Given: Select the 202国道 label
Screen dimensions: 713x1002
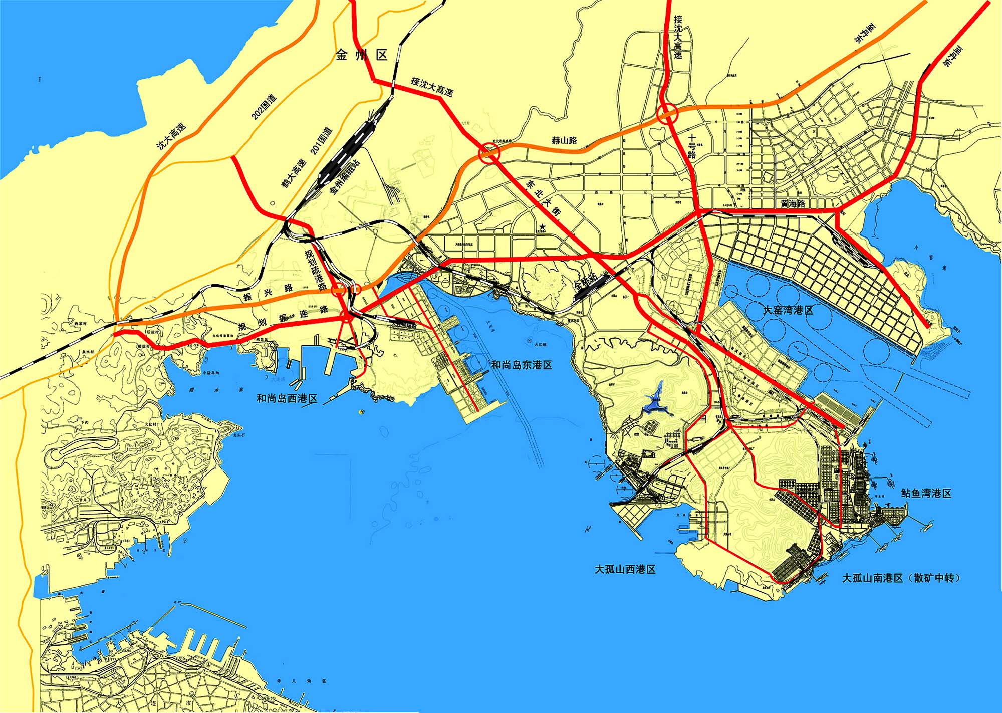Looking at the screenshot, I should coord(264,106).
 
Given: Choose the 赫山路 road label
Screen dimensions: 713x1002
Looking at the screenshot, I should coord(564,140).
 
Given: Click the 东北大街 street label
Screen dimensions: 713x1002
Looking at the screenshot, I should coord(543,197).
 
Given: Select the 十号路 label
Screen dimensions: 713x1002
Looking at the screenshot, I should coord(692,146).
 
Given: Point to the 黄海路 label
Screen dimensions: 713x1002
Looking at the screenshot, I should coord(793,204).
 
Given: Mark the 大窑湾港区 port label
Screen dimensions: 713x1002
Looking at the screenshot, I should coord(788,310).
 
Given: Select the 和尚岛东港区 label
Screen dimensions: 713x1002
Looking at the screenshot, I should coord(521,365).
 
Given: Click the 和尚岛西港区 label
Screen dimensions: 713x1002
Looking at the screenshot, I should coord(287,399).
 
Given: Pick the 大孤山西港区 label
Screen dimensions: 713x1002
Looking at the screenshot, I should coord(625,569).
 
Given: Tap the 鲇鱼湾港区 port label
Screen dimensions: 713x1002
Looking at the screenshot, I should coord(926,493).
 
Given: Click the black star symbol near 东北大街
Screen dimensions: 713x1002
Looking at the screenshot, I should coord(542,227).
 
